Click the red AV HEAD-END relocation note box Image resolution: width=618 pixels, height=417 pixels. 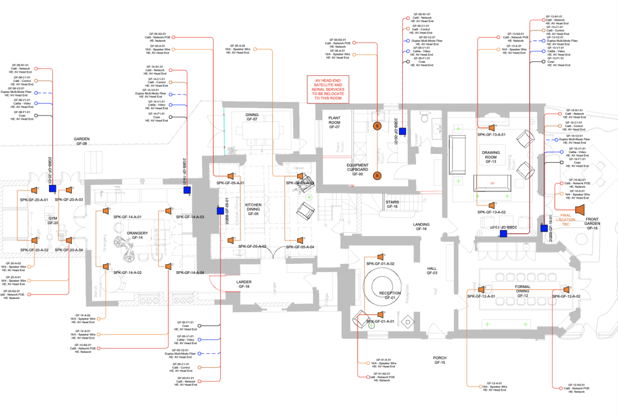point(328,89)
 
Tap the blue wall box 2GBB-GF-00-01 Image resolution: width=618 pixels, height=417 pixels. point(402,131)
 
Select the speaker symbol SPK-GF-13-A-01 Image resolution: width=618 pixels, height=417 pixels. point(491,128)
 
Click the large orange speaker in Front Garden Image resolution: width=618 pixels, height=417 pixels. point(580,210)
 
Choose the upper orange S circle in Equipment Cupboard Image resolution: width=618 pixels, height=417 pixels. point(377,126)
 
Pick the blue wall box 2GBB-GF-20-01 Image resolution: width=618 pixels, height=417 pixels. point(52,188)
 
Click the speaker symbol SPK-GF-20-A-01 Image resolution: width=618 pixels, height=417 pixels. point(34,190)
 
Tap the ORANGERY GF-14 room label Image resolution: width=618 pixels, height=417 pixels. point(137,235)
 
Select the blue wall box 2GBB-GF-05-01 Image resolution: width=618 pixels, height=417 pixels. point(220,211)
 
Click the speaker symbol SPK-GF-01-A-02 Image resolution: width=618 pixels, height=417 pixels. point(380,257)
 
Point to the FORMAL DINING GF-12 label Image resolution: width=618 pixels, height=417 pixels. point(522,291)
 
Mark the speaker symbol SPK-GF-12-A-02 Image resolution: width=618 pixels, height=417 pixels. point(566,289)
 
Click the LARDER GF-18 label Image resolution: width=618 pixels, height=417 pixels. point(244,284)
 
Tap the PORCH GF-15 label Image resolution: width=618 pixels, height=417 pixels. point(440,360)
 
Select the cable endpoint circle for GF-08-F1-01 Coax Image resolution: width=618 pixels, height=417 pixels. point(36,115)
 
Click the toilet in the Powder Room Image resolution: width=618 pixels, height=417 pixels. point(425,117)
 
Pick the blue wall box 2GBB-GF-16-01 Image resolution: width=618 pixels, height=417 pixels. point(544,228)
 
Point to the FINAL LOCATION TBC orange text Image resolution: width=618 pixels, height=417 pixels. point(566,220)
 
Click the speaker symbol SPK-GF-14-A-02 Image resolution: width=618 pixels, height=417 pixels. point(105,266)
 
